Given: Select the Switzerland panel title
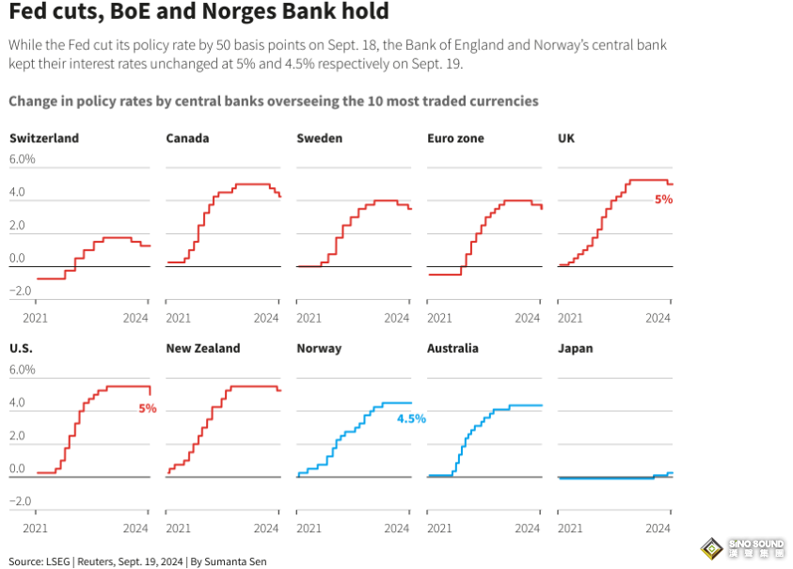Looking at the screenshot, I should pos(44,138).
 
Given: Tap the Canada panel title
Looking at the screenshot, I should pos(187,138).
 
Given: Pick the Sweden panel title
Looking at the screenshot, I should pos(320,138).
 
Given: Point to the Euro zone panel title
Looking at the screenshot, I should pos(455,138).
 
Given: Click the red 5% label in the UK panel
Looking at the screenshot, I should pos(664,199).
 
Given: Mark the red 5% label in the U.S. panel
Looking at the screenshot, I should pos(147,408).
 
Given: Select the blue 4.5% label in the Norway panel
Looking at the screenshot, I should pos(411,419).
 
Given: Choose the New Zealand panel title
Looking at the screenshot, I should pos(203,348).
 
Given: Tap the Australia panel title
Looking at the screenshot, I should pos(452,348).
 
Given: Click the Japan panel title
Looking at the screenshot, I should pos(576,348).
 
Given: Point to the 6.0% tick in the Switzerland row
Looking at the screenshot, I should pos(23,159).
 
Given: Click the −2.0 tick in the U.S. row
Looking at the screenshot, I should pos(21,501).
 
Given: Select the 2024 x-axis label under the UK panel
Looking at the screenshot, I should pos(658,318).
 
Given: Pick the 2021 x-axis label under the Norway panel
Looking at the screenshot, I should pos(309,529).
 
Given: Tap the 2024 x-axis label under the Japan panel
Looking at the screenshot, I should pos(658,529).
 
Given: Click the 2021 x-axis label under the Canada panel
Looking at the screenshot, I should pos(179,318).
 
